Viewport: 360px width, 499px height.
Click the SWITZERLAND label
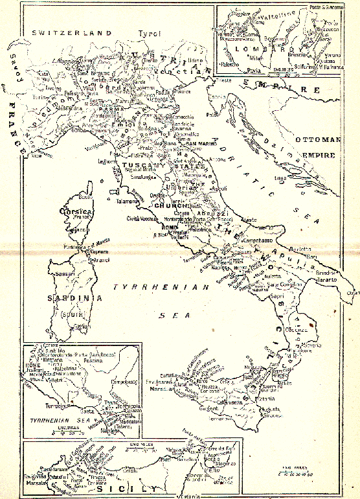click(x=63, y=32)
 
